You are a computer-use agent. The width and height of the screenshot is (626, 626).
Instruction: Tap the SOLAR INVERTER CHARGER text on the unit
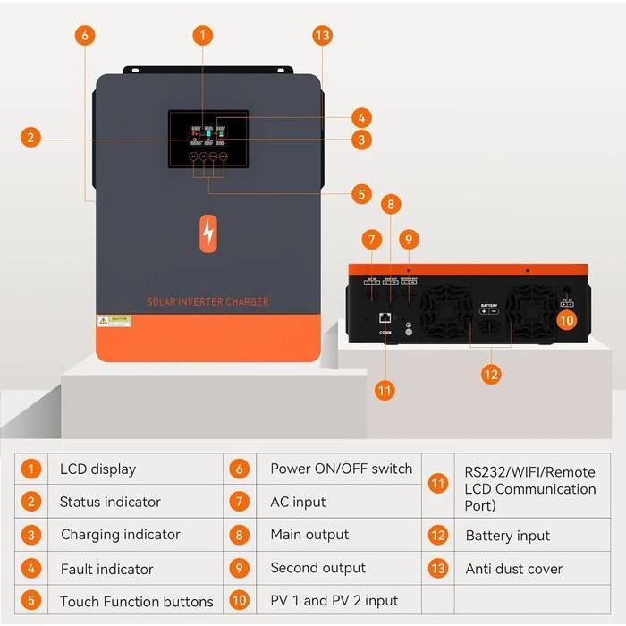click(207, 302)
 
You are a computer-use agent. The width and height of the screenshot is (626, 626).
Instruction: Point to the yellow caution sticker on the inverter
click(114, 320)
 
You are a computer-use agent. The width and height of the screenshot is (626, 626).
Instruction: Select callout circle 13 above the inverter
click(323, 36)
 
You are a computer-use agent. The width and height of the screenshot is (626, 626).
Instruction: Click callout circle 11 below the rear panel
click(385, 390)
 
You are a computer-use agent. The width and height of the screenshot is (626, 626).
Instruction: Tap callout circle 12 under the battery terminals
click(490, 374)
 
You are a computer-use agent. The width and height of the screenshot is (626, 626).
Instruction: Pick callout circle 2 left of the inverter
click(31, 138)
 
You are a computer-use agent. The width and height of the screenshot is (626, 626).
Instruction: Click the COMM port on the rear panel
click(385, 317)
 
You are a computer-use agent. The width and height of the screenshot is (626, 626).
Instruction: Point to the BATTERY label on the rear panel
click(489, 305)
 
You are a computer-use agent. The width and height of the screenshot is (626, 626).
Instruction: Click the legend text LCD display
click(97, 469)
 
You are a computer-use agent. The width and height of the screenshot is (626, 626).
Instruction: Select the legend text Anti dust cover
click(514, 569)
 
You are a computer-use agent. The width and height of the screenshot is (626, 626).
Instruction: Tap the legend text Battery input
click(507, 536)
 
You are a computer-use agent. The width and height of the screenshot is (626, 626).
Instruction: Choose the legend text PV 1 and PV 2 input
click(334, 600)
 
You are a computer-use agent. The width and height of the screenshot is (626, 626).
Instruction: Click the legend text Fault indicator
click(106, 569)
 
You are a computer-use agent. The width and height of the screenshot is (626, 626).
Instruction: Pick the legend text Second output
click(317, 568)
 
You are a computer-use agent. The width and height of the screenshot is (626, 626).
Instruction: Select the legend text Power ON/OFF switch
click(341, 469)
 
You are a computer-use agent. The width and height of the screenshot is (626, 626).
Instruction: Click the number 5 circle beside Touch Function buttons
click(32, 601)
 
